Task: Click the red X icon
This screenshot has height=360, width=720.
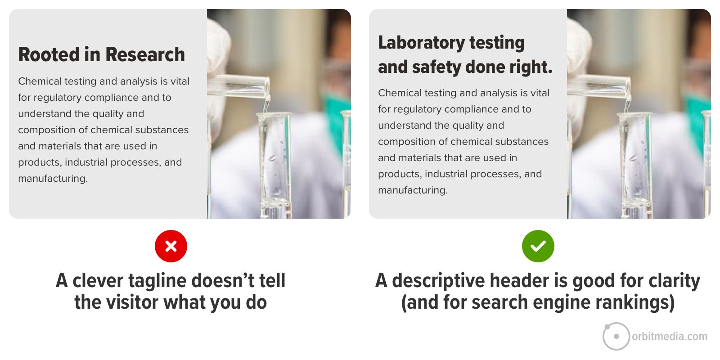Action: pos(171,246)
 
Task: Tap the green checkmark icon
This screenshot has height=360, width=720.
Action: pos(538,246)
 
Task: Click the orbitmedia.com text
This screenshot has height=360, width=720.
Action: pos(669,337)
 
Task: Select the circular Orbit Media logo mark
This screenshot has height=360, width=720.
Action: pos(616,336)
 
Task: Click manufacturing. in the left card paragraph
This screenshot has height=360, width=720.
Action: pos(53,179)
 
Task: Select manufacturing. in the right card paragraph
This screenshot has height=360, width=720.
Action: pos(413,190)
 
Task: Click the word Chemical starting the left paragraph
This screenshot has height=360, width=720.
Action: pos(40,81)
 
